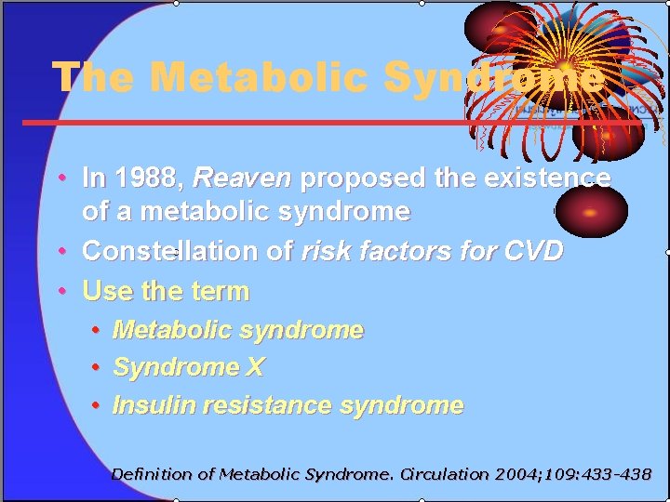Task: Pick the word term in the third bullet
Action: (x=220, y=291)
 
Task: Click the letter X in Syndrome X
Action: (x=255, y=367)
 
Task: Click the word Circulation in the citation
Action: (x=443, y=474)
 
